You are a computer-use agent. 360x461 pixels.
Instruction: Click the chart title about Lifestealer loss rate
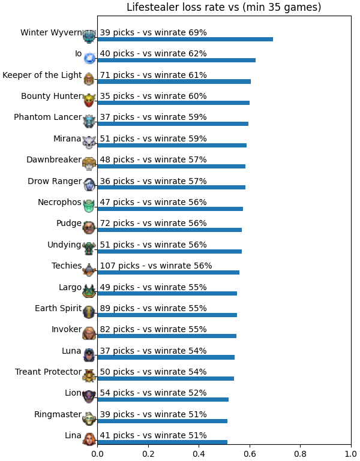(224, 7)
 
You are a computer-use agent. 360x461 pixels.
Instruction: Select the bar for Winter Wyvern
(185, 40)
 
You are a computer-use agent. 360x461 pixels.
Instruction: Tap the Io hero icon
(89, 58)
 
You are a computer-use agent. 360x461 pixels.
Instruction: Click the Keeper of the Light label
(42, 76)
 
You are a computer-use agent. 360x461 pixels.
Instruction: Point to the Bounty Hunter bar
(173, 103)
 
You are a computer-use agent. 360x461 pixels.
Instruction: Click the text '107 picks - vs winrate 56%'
(156, 266)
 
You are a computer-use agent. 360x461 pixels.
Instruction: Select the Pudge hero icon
(89, 228)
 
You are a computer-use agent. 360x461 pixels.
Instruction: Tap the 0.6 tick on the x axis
(250, 445)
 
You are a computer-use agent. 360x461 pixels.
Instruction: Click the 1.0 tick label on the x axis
(351, 454)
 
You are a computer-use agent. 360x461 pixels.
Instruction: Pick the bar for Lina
(163, 442)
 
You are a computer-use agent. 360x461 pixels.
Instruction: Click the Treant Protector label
(48, 372)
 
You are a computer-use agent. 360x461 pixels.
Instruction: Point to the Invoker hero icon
(89, 333)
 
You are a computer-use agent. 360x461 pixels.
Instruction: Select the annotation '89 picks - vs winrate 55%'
(153, 308)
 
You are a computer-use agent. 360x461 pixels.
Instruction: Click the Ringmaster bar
(163, 421)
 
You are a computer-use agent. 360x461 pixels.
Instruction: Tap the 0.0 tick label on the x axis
(97, 454)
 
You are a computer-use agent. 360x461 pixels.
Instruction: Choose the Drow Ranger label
(55, 182)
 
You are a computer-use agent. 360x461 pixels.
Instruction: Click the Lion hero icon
(89, 397)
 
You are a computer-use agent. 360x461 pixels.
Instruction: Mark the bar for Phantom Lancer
(173, 123)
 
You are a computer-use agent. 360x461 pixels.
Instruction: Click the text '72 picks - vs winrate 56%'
(153, 224)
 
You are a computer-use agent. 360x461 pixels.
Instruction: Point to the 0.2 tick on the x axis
(148, 445)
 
